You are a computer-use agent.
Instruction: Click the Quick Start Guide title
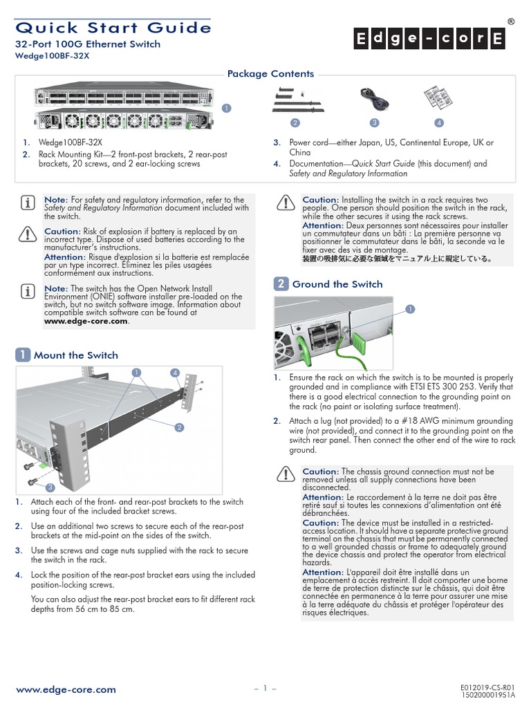coord(113,28)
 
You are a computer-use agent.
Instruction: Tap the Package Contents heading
coord(270,74)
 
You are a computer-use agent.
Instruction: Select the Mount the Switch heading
coord(76,355)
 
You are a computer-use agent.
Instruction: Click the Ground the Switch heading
coord(337,284)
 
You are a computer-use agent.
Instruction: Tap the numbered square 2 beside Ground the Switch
coord(281,284)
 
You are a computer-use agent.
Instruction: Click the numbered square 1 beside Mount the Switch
coord(23,355)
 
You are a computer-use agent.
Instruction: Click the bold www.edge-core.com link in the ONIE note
coord(86,321)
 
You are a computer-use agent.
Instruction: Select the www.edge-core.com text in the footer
coord(66,689)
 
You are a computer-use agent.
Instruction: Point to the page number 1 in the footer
coord(265,689)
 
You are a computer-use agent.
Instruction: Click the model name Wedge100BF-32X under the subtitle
coord(53,57)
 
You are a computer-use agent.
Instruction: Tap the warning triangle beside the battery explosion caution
coord(28,234)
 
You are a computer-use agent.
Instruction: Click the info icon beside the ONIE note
coord(28,289)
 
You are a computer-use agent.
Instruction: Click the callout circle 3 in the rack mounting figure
coord(50,487)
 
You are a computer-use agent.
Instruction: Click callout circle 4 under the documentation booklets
coord(438,123)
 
